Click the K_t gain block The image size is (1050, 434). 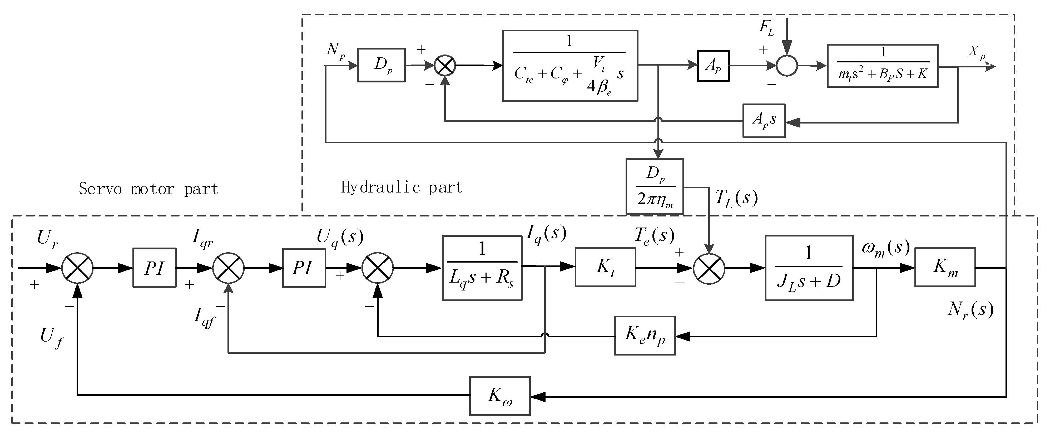605,267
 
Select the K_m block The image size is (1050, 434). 945,267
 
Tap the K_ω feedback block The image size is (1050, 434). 500,396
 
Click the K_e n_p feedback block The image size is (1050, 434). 645,336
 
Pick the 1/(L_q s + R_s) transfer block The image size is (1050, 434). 482,268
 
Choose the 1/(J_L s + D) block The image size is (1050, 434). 809,268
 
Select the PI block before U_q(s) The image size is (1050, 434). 304,268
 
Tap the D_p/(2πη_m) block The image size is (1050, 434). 654,186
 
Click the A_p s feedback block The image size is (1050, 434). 764,121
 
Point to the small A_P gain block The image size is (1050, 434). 713,66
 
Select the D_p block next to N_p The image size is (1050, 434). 381,65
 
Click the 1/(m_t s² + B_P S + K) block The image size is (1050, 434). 883,66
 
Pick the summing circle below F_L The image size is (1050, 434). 787,66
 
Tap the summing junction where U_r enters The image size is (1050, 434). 77,268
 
